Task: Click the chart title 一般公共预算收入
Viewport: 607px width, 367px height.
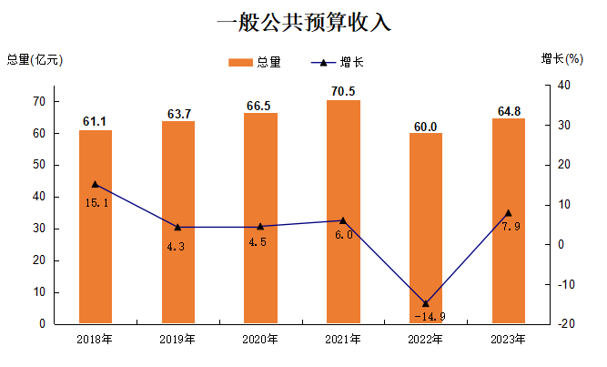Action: pos(303,24)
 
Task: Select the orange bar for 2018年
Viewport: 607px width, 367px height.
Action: pos(96,227)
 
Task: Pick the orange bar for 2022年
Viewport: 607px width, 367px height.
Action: pos(425,228)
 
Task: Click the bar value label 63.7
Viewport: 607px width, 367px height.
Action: pos(178,114)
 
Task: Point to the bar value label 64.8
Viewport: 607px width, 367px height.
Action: pos(509,111)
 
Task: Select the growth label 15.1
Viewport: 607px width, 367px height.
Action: pos(96,202)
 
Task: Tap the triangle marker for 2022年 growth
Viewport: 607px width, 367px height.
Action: pos(425,303)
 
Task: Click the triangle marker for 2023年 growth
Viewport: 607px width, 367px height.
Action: pos(508,213)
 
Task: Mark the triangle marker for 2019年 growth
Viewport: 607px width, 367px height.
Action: pos(178,228)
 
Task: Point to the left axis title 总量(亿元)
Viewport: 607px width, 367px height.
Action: pos(35,59)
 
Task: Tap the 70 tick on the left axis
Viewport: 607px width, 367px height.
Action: pos(41,101)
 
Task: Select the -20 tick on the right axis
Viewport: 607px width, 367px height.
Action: pos(565,324)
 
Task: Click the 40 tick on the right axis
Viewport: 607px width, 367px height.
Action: pos(564,86)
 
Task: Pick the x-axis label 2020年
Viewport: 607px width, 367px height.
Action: pos(260,340)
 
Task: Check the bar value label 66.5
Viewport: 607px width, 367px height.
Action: pos(259,107)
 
